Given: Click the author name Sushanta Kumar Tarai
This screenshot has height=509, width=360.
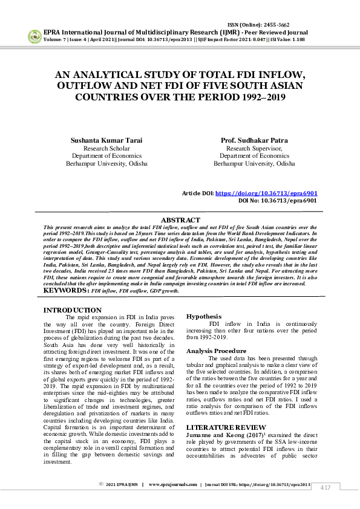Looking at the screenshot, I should click(x=106, y=140).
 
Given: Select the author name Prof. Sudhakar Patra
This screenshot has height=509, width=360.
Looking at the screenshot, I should click(x=254, y=140).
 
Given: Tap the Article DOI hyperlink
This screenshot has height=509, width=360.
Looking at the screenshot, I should click(x=266, y=193).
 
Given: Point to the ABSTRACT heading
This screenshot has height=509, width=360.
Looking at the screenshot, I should click(x=180, y=220).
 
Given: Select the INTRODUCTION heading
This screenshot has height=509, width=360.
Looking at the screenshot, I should click(x=73, y=310).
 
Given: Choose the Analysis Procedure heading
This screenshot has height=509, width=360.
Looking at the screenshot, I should click(x=216, y=351).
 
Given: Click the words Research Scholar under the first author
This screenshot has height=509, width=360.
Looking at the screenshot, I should click(x=106, y=148).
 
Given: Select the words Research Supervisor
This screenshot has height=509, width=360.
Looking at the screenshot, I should click(x=254, y=148).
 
